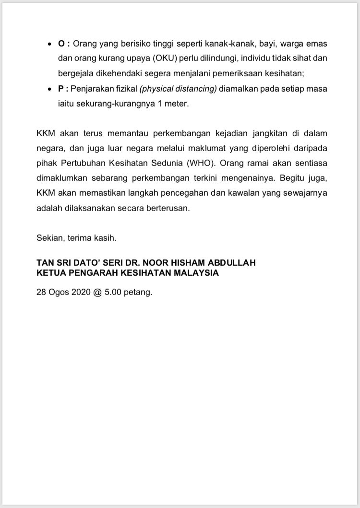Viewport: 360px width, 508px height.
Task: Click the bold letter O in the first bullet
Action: pos(61,44)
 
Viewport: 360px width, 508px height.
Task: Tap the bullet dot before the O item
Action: pos(50,44)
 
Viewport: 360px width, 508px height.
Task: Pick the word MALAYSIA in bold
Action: pos(196,273)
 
